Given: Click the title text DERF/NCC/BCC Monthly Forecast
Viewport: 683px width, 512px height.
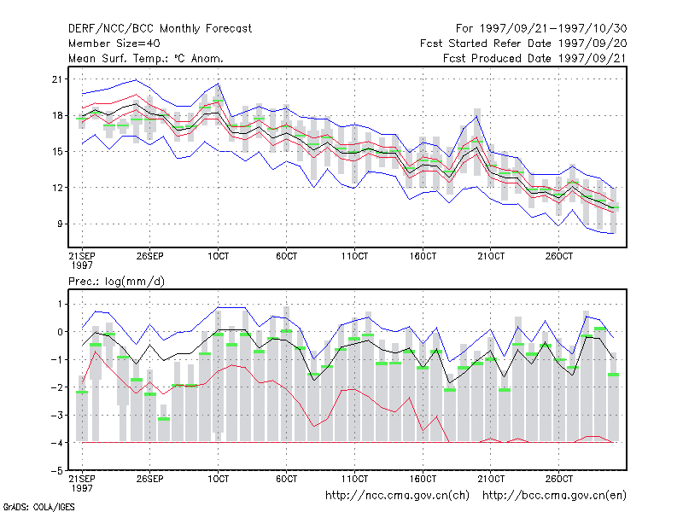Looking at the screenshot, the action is (160, 29).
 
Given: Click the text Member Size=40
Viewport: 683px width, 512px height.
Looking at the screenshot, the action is (114, 44).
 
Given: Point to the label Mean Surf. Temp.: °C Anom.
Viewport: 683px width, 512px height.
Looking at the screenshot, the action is (146, 58).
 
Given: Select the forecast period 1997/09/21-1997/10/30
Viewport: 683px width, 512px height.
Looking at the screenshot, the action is (553, 29).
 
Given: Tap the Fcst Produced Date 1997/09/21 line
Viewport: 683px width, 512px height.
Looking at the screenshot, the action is (535, 58).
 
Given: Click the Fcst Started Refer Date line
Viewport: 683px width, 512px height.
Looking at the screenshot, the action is (523, 44).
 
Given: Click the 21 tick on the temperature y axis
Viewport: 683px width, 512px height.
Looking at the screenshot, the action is (57, 79).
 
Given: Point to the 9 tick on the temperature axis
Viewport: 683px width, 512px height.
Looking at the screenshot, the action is (60, 224).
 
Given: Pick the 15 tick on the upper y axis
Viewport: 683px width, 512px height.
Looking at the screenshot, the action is (57, 152).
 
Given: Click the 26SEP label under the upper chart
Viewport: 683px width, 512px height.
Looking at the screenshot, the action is (150, 256).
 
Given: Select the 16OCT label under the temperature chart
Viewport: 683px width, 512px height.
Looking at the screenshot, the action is (423, 256).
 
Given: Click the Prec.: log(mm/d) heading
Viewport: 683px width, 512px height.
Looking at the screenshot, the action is (116, 282).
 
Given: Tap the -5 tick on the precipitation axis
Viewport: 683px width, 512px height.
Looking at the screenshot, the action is (57, 471).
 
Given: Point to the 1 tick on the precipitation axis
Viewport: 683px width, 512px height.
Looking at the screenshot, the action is (60, 304).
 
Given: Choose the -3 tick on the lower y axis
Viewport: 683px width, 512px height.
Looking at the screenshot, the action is (57, 415).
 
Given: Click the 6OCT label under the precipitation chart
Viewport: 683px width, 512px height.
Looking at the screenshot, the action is (286, 479).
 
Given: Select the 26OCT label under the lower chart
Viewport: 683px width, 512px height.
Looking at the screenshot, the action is (559, 479).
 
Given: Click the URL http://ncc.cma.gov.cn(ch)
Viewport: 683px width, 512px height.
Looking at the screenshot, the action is (397, 496).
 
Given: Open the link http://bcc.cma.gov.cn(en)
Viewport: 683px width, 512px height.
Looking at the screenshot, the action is (554, 496).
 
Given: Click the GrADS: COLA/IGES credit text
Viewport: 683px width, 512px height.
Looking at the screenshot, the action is (38, 507).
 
